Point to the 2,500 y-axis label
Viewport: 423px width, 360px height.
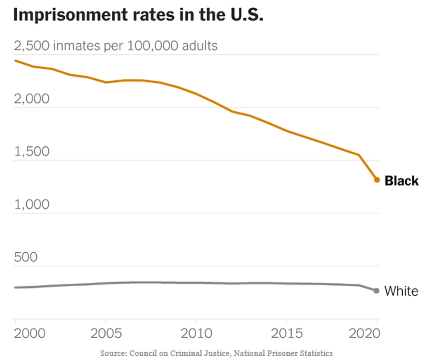(x=32, y=46)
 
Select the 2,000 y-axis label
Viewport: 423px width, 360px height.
(x=32, y=99)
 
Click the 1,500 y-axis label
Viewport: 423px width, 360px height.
(x=32, y=152)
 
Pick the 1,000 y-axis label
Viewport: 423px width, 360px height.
(x=32, y=205)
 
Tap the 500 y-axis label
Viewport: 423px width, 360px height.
(x=26, y=258)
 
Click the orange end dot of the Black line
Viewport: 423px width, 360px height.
(x=376, y=180)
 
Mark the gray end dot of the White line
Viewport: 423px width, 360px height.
(x=376, y=291)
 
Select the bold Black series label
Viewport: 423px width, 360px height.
(x=401, y=181)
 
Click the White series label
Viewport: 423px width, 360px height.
(x=401, y=291)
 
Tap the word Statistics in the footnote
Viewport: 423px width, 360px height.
(x=317, y=353)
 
